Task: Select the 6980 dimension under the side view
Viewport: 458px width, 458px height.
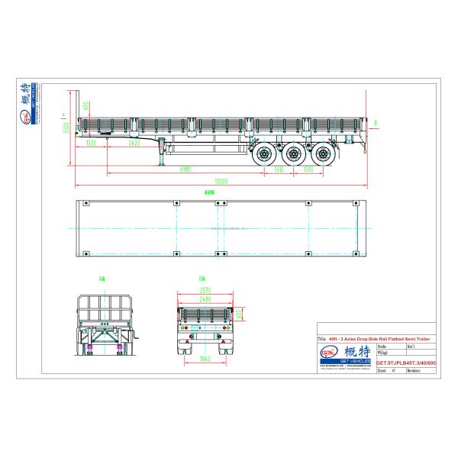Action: pyautogui.click(x=185, y=168)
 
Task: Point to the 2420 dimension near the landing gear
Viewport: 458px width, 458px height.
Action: pyautogui.click(x=134, y=143)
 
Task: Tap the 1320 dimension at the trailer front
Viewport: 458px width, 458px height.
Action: pyautogui.click(x=91, y=143)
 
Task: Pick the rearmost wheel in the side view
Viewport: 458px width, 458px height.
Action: pyautogui.click(x=324, y=154)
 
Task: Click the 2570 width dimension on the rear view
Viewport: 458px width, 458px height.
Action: pyautogui.click(x=204, y=291)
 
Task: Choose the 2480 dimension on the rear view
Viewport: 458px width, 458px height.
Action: pyautogui.click(x=204, y=299)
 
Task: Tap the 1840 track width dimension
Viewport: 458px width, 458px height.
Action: pyautogui.click(x=204, y=358)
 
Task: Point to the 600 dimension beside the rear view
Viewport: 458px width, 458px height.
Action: pyautogui.click(x=238, y=314)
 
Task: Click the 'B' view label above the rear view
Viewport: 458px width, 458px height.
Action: pyautogui.click(x=202, y=278)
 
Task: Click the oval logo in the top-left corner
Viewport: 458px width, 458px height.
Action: pyautogui.click(x=26, y=116)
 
